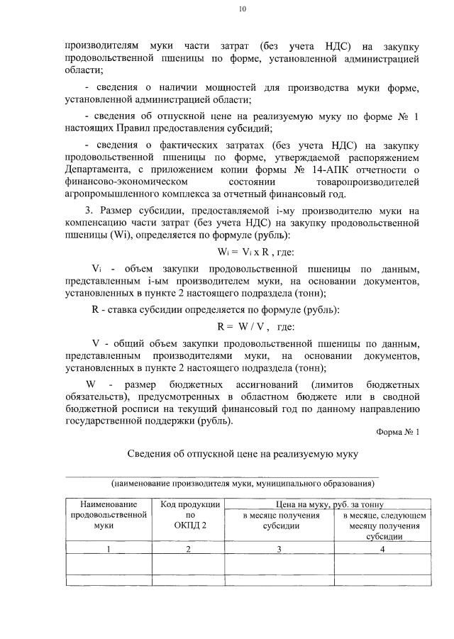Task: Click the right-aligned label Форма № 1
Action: (x=398, y=431)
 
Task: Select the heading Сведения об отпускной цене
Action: (x=243, y=454)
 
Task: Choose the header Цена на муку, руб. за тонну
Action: (x=333, y=504)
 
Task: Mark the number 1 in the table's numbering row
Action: (x=109, y=549)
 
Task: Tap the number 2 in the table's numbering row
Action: (x=189, y=549)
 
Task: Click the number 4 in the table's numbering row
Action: (x=384, y=549)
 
